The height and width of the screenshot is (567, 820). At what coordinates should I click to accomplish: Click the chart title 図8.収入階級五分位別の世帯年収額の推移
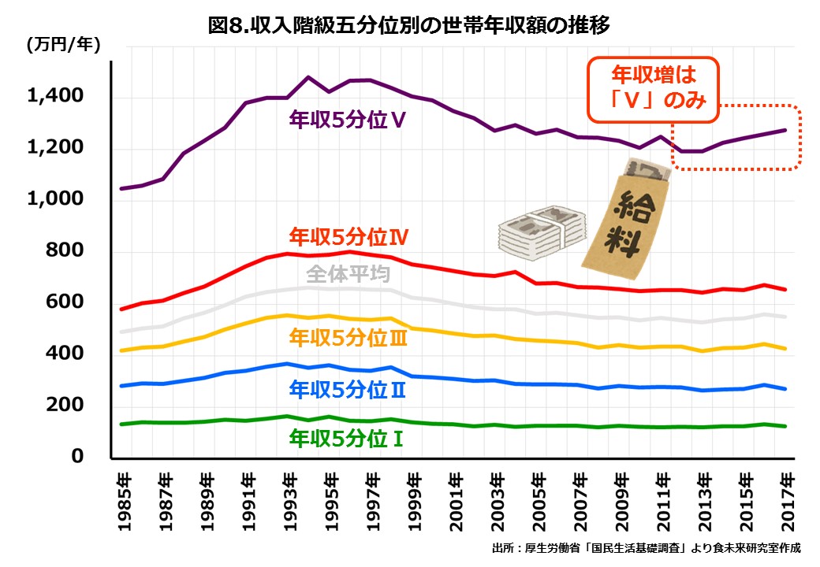coord(409,25)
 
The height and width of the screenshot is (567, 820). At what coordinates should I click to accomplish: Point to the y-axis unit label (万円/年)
coord(63,45)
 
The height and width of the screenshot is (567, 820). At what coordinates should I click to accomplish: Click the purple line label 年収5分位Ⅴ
coord(347,120)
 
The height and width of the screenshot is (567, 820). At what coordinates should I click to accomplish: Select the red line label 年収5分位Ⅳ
coord(348,235)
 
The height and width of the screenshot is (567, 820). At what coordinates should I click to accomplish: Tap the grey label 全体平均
coord(346,274)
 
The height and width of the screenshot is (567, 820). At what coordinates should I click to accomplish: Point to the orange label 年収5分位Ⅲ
coord(348,338)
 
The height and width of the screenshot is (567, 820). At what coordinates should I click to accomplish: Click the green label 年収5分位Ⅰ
coord(347,437)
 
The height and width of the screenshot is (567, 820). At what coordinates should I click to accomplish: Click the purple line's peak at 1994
coord(308,77)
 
